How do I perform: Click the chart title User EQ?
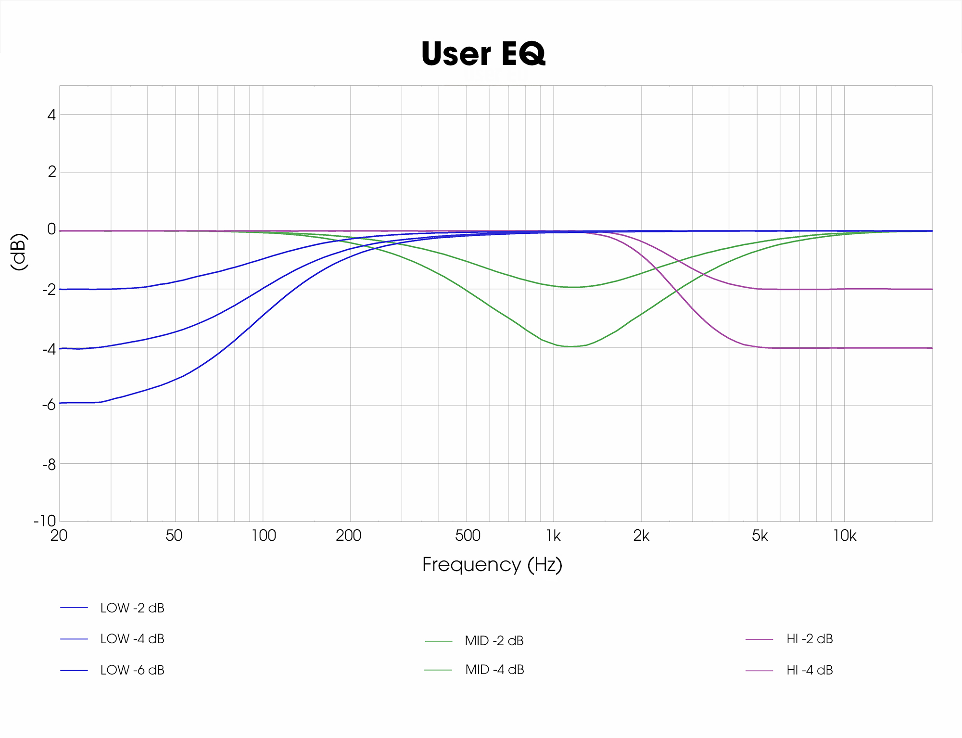(x=483, y=53)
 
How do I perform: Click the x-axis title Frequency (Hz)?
(x=492, y=564)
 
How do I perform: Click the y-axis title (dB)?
(x=19, y=252)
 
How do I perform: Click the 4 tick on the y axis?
(x=51, y=115)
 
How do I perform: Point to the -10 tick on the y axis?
(x=45, y=521)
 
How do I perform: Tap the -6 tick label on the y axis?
(x=49, y=405)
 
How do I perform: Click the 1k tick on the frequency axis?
(x=553, y=535)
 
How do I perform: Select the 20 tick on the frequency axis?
(x=59, y=535)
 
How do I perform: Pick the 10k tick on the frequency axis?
(x=845, y=535)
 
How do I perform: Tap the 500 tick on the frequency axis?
(x=468, y=535)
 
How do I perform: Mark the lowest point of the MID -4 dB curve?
(x=570, y=346)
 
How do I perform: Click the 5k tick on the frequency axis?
(x=759, y=535)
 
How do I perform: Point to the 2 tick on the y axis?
(x=51, y=172)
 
